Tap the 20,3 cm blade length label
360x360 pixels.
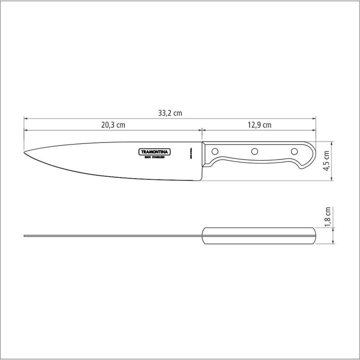[112, 125]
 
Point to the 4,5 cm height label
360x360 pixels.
[326, 160]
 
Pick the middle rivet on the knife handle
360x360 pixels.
[254, 151]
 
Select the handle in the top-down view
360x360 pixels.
[258, 235]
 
